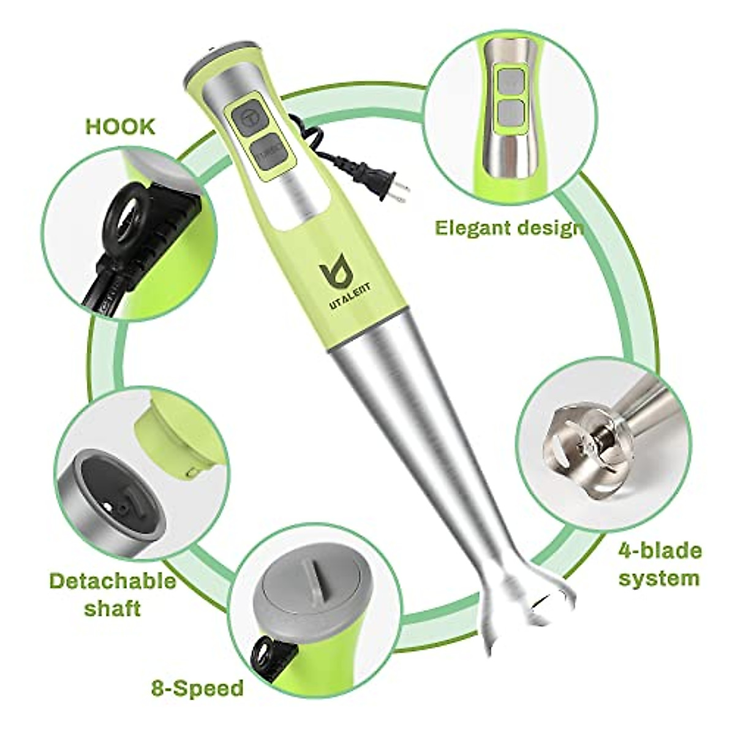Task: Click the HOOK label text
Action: coord(120,127)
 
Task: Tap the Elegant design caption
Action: coord(508,228)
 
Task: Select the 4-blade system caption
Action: coord(659,564)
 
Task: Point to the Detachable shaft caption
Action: coord(112,594)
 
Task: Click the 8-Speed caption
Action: coord(197,688)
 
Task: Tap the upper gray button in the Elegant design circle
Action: coord(510,81)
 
